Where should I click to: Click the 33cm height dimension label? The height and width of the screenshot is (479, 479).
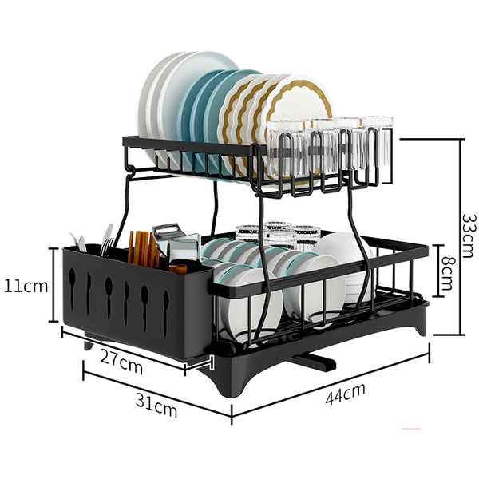coord(469,236)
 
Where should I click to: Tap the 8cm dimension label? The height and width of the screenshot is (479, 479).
coord(448,274)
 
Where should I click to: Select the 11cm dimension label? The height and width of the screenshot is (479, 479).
coord(26,287)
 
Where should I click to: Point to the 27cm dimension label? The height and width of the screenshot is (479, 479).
coord(121,362)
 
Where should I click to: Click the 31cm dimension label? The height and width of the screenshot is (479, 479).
coord(156,405)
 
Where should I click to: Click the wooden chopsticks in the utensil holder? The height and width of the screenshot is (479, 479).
coord(143,249)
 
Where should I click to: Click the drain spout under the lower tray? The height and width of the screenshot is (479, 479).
coord(312,362)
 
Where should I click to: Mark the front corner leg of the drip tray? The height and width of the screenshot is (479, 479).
coord(232,386)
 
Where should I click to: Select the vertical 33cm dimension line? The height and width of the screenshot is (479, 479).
coord(461,237)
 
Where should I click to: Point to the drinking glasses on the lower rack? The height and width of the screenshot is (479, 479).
coord(278,235)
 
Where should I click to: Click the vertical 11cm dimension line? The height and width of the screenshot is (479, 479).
coord(54,285)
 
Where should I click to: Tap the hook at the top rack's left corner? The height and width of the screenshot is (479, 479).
coord(131,169)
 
